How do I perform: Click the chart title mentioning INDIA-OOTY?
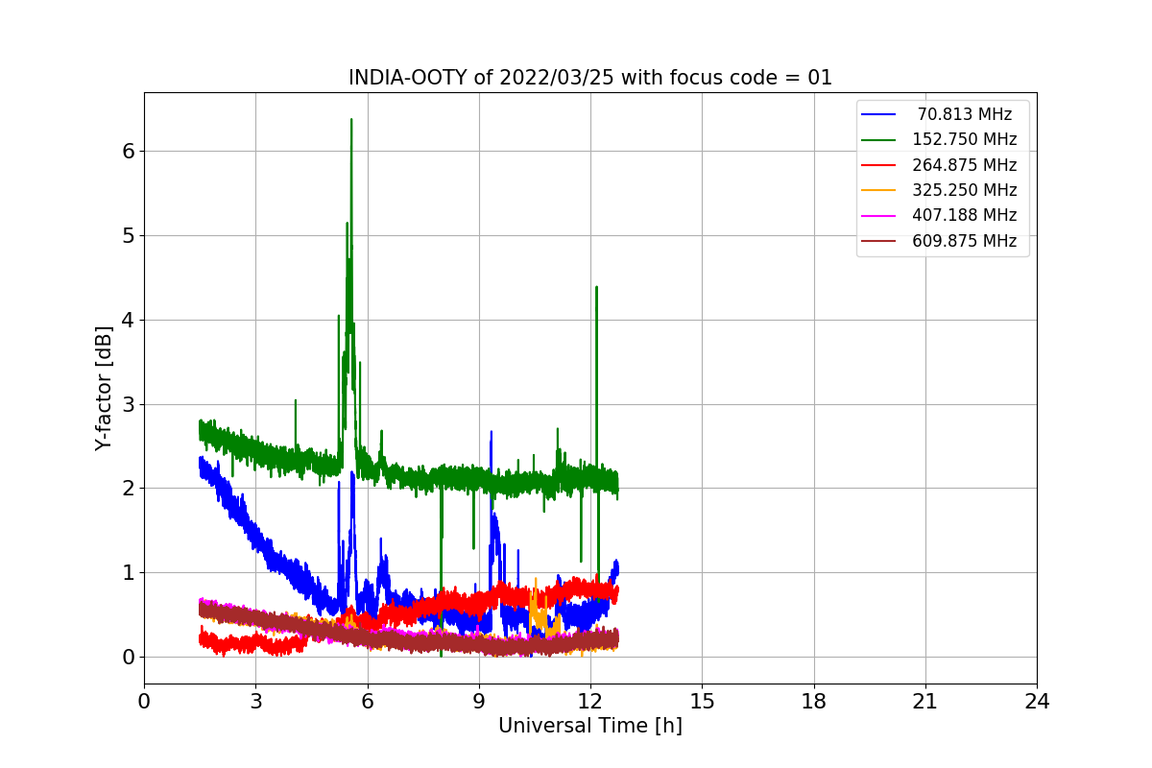tap(589, 78)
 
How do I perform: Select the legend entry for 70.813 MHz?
tap(963, 114)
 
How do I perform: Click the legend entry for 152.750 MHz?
tap(963, 139)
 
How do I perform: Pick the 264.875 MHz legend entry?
tap(963, 165)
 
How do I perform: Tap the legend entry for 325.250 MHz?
tap(963, 190)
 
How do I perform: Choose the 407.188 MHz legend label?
tap(963, 215)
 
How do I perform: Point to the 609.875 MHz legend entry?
tap(963, 241)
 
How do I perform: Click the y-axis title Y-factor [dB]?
tap(104, 388)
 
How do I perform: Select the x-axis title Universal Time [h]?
tap(589, 726)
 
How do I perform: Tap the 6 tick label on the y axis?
tap(128, 151)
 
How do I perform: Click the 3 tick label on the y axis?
tap(128, 404)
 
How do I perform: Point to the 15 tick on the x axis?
tap(702, 702)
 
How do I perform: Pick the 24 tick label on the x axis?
tap(1037, 702)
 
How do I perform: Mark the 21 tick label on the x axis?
tap(925, 702)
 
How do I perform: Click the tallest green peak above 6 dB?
tap(351, 120)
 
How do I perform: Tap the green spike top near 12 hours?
tap(596, 287)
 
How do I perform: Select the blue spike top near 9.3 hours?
tap(491, 432)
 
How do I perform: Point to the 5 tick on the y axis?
tap(128, 235)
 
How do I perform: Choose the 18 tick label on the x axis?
tap(814, 702)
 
